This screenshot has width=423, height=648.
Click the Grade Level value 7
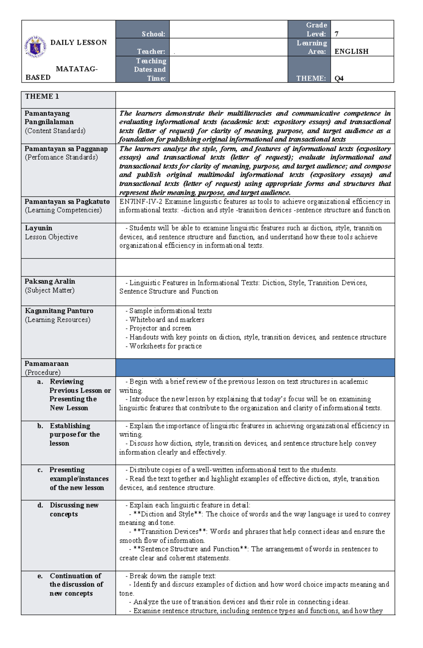[x=337, y=34]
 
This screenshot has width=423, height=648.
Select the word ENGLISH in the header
[x=351, y=52]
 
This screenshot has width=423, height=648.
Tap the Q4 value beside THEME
[x=339, y=78]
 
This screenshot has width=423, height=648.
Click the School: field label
[x=153, y=34]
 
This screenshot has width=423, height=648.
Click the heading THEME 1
[x=42, y=96]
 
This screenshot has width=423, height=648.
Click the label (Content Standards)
[x=55, y=131]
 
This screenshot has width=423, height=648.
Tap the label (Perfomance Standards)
[x=61, y=157]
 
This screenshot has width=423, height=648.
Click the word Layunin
[x=38, y=228]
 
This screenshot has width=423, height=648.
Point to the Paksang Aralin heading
[x=50, y=281]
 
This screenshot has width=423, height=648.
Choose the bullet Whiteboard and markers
[x=166, y=320]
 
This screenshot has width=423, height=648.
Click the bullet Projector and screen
[x=160, y=328]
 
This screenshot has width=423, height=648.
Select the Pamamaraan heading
[x=47, y=364]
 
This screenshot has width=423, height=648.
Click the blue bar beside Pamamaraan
[x=255, y=368]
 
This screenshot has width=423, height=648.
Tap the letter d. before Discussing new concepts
[x=40, y=505]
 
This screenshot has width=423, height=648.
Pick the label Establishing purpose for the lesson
[x=74, y=434]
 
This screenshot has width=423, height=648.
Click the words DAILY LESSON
[x=78, y=42]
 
